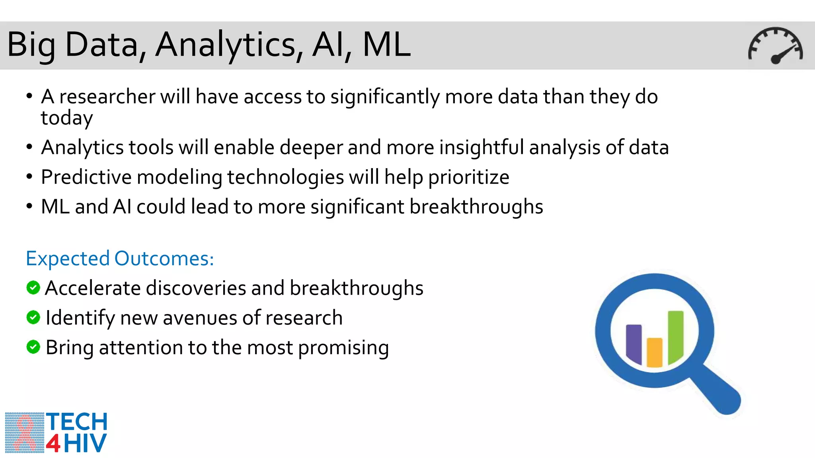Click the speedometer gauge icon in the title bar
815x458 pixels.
(775, 45)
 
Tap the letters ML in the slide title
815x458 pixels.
(386, 45)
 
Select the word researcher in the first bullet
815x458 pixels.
(107, 97)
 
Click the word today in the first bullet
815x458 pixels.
(67, 118)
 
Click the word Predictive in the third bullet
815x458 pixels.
(86, 177)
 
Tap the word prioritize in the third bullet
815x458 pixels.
(468, 177)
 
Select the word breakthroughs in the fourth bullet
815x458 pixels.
(476, 207)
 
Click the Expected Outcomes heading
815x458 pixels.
(120, 258)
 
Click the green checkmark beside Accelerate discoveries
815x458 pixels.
(33, 287)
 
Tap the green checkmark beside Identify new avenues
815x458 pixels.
(33, 317)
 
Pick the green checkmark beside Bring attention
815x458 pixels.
(33, 347)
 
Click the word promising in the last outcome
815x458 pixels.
(343, 348)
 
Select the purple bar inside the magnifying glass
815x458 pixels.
(634, 343)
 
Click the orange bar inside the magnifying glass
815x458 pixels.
(655, 352)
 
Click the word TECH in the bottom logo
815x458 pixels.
(77, 422)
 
